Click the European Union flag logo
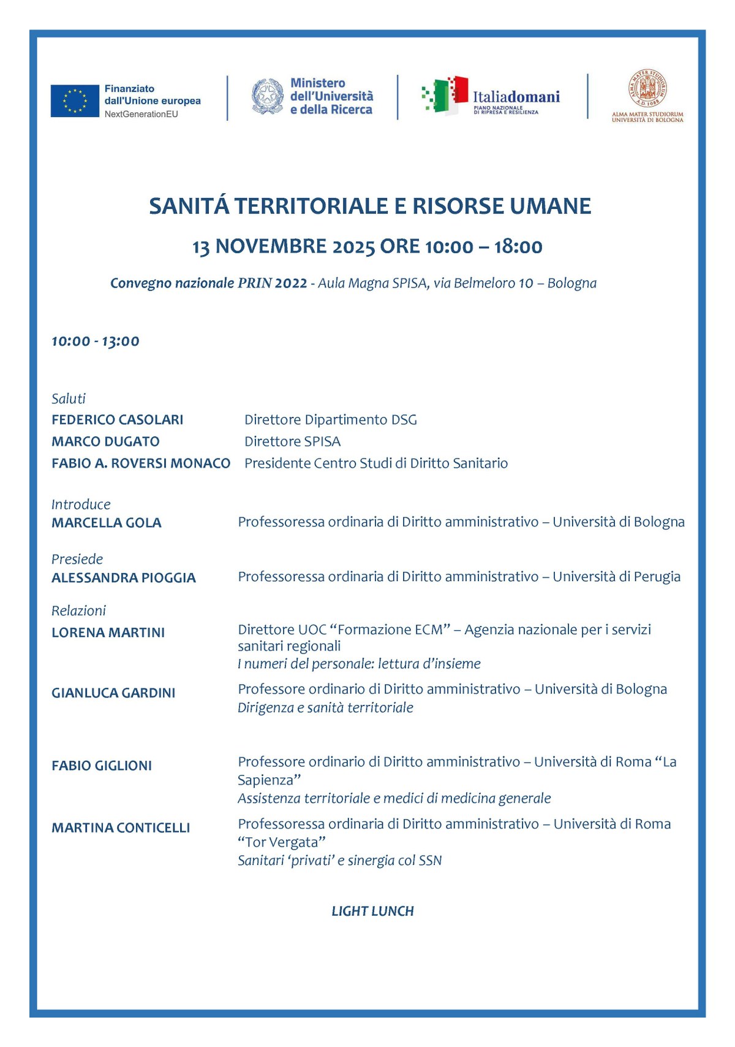pos(75,101)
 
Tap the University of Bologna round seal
pos(647,89)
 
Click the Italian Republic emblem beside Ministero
pos(267,96)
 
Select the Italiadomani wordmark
pos(516,97)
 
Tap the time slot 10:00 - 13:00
pos(96,341)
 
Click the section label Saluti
pos(69,399)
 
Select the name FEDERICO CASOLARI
pos(118,420)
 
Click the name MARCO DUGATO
pos(105,441)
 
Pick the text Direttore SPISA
pos(292,441)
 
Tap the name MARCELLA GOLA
pos(107,523)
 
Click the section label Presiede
pos(77,559)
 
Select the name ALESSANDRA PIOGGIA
pos(124,577)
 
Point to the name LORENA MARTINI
pos(108,633)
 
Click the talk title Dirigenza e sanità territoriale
pos(325,708)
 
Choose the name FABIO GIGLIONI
pos(102,766)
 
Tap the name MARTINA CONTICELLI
pos(121,828)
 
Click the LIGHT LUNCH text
pos(372,911)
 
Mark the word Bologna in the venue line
pos(571,283)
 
